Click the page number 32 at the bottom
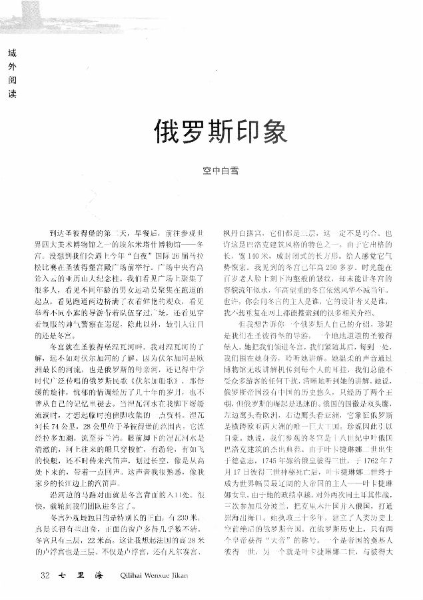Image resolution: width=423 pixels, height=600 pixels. click(x=45, y=575)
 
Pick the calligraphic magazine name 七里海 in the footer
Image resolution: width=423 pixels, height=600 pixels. click(x=75, y=575)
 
